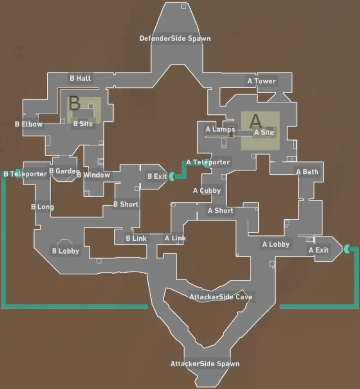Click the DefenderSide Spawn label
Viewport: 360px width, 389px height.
tap(175, 38)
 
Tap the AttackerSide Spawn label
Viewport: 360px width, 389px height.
tap(205, 363)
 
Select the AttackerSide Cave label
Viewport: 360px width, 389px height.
tap(220, 297)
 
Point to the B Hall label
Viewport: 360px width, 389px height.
tap(80, 78)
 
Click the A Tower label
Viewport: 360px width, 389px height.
tap(261, 81)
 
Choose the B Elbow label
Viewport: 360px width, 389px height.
tap(29, 124)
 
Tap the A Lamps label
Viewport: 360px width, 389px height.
tap(220, 129)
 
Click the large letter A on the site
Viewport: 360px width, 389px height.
tap(255, 121)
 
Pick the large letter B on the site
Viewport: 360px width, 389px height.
tap(74, 103)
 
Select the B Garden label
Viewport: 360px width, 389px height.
tap(64, 171)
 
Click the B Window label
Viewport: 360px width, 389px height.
tap(93, 175)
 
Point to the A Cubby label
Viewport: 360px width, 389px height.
tap(207, 190)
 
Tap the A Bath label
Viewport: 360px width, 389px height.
tap(307, 172)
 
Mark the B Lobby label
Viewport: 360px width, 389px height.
tap(66, 251)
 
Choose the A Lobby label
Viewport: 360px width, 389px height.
tap(276, 244)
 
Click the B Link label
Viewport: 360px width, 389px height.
tap(136, 238)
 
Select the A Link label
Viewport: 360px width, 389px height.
tap(175, 238)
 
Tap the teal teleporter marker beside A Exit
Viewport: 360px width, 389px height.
tap(346, 248)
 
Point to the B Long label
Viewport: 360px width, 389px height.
tap(42, 207)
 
